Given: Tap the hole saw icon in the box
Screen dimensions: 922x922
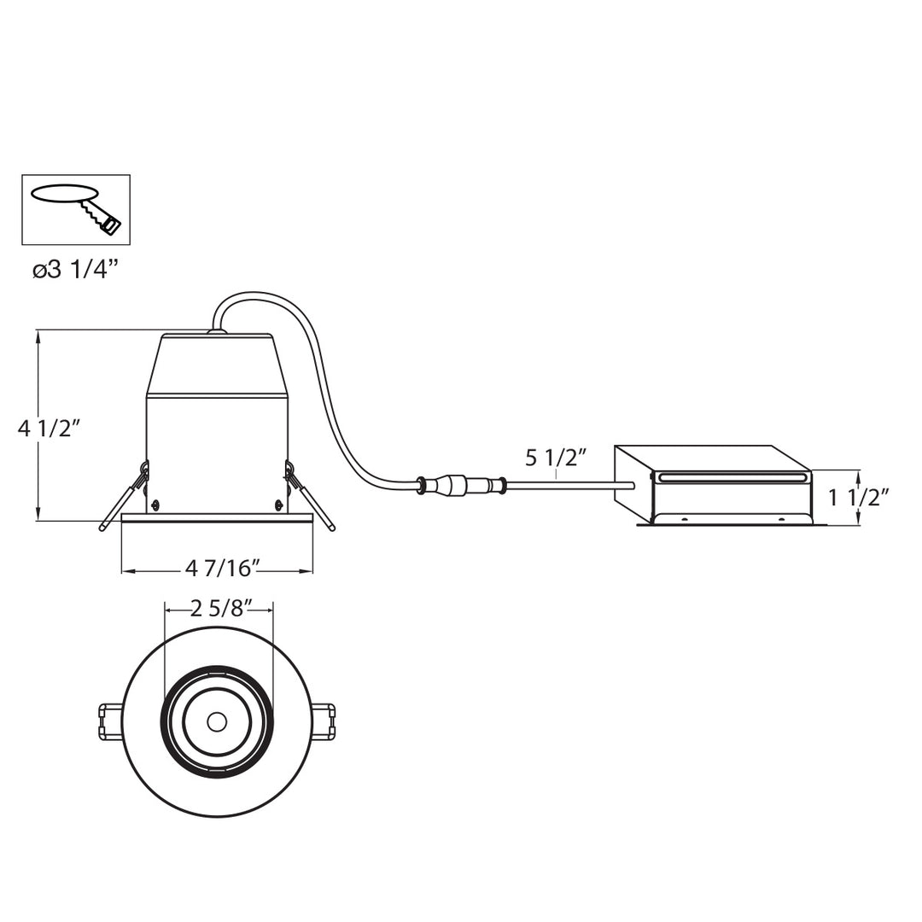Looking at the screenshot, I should (x=76, y=209).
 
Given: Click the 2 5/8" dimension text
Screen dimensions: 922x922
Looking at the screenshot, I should (x=219, y=608).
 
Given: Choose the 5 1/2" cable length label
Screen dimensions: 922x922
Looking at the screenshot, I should (x=556, y=458).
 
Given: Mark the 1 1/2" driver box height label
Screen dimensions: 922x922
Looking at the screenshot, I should (x=859, y=497).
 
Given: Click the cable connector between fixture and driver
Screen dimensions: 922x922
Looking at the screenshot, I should (x=461, y=486).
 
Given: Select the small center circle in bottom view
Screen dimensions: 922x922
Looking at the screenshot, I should (x=217, y=722).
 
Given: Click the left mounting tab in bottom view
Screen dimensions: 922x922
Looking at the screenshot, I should (x=111, y=722).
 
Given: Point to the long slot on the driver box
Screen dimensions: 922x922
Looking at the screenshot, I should (x=731, y=477).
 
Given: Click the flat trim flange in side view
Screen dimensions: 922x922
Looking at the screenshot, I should (x=217, y=517).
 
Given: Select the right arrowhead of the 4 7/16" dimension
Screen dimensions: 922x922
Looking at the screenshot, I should (x=308, y=570).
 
